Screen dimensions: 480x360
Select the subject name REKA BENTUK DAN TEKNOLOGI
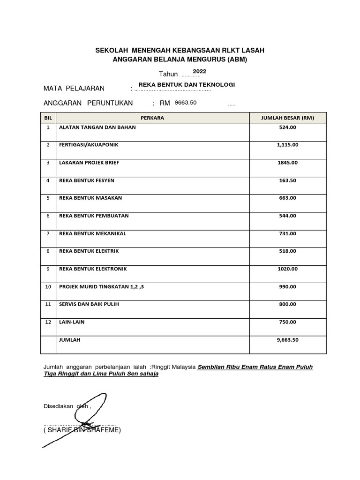(183, 84)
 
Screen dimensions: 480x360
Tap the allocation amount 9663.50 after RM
(186, 102)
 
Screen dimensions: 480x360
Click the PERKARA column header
(152, 118)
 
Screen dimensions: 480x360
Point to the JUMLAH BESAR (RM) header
(287, 118)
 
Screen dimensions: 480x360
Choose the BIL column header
(48, 118)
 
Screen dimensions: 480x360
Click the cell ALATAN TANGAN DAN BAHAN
(97, 127)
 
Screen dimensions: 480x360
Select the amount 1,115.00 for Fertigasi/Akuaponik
(287, 145)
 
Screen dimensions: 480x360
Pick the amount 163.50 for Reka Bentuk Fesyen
(287, 180)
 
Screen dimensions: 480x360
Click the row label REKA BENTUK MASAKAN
(90, 198)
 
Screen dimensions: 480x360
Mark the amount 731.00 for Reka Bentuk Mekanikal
(287, 233)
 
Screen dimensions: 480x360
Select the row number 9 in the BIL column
(48, 269)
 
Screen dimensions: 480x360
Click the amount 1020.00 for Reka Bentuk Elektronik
(287, 269)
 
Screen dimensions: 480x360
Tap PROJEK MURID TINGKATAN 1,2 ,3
(101, 286)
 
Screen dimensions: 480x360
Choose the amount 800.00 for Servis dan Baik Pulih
(287, 304)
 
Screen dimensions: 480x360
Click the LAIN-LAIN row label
(72, 322)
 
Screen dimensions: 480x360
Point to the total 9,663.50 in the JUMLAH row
(287, 340)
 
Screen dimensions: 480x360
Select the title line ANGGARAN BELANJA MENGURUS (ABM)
(180, 60)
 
